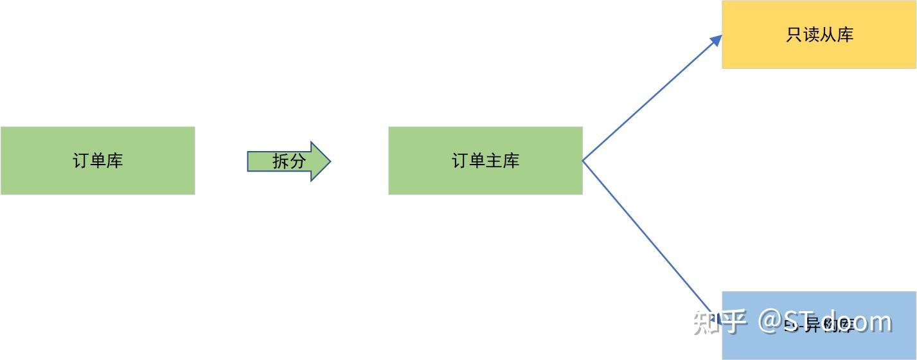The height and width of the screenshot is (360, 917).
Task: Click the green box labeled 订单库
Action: click(98, 160)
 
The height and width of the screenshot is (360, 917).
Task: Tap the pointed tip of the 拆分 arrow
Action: click(328, 161)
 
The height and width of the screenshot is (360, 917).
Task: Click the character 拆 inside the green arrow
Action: click(281, 161)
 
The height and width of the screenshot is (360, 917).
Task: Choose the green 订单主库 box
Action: click(485, 160)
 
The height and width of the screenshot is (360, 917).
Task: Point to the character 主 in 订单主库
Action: click(494, 160)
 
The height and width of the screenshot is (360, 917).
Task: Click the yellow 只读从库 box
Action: click(819, 35)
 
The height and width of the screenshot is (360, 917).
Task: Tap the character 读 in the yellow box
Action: click(811, 35)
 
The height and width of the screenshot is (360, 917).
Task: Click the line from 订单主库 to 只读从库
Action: click(649, 99)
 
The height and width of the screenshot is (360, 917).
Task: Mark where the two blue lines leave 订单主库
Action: click(583, 160)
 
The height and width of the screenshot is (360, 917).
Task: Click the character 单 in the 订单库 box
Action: click(98, 160)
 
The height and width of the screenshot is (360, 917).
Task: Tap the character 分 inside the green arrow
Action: click(298, 161)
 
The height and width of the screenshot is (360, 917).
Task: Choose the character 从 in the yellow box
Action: click(828, 35)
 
